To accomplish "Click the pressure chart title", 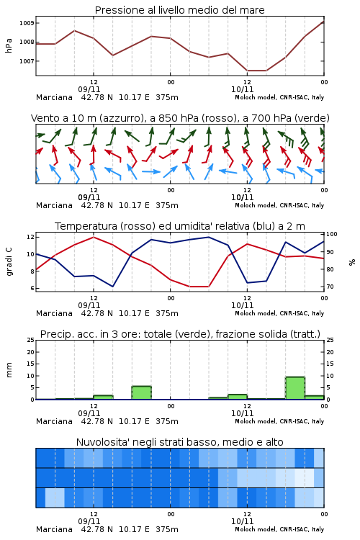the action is pos(179,10).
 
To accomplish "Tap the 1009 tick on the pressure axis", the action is pos(27,23).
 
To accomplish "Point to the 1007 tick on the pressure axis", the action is pos(27,61).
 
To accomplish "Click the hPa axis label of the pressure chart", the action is pos(9,45).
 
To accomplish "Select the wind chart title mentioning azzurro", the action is pos(180,118).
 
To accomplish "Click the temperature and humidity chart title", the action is pos(180,226).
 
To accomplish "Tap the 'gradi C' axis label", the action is pos(9,262).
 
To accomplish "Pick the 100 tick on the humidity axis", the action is pos(332,234).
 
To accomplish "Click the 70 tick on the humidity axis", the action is pos(330,287).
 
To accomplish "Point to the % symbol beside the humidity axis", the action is pos(352,262).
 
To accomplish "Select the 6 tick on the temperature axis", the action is pos(32,288).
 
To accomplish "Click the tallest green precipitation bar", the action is pos(295,388).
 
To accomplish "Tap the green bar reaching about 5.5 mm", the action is pos(142,392).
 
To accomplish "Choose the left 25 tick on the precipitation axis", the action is pos(31,340).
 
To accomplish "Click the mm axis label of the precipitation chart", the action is pos(9,370).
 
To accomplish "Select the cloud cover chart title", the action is pos(179,442).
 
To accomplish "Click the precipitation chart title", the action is pos(180,334).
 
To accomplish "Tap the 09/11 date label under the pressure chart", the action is pos(89,89).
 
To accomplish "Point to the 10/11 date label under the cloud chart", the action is pos(242,521).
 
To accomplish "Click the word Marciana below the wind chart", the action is pos(54,205).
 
